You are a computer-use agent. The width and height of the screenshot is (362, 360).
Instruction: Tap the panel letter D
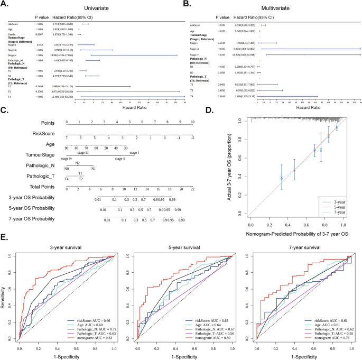(x=210, y=111)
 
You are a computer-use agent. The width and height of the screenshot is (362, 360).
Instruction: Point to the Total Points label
(x=39, y=187)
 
